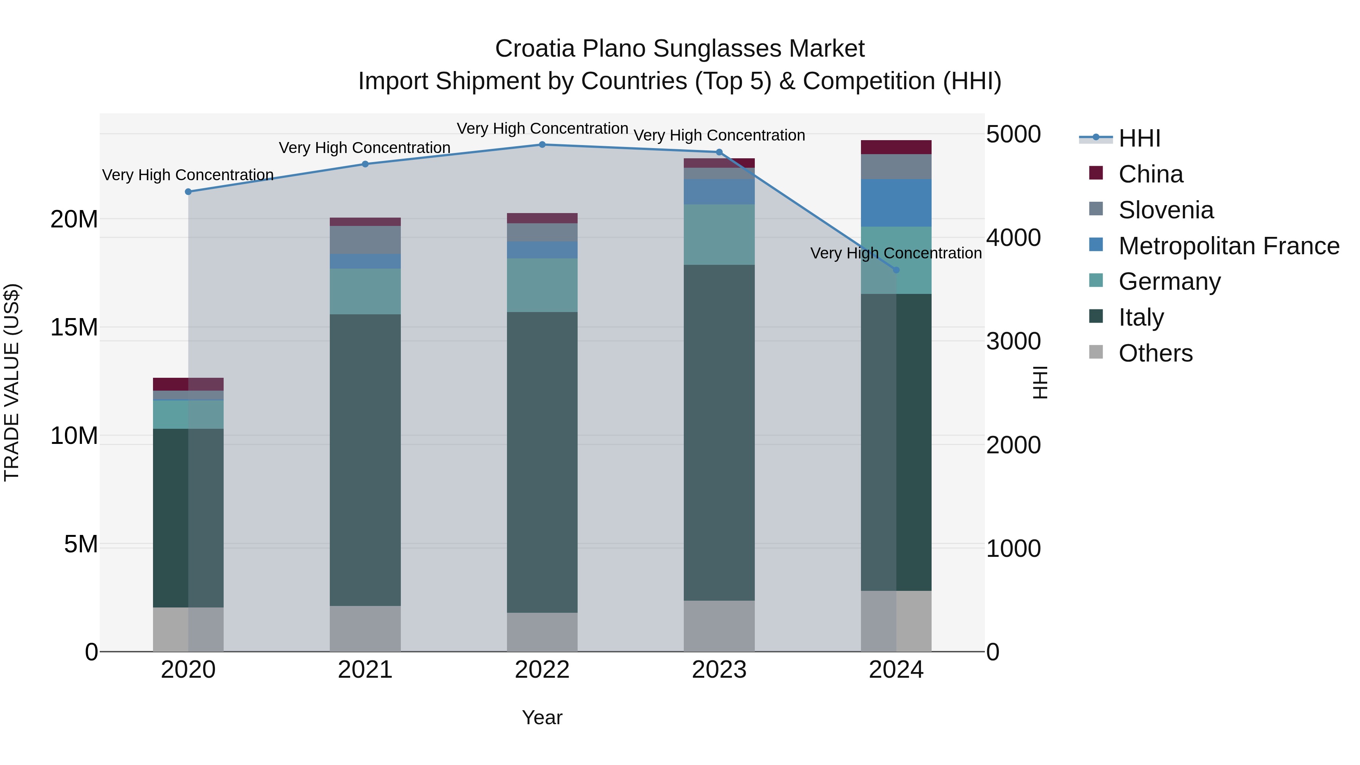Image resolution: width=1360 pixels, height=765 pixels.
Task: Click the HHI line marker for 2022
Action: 542,145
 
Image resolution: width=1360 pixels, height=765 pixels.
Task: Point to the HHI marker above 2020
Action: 189,192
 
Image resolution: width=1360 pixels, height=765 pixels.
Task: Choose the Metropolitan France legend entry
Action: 1228,246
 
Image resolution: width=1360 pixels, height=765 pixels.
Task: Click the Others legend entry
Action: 1155,353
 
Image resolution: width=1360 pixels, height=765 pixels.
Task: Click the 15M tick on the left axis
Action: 74,327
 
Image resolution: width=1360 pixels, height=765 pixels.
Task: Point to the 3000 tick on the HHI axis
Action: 1013,341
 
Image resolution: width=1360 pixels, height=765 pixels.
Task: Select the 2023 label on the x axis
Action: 719,670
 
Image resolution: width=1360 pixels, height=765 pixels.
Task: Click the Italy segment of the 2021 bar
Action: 365,459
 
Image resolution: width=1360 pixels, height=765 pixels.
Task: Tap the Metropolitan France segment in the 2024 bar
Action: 896,203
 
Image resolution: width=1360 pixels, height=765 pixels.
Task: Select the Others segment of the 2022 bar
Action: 542,632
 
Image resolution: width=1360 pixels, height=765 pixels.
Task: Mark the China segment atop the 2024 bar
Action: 896,147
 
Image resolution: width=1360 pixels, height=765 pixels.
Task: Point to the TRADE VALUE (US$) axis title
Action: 12,382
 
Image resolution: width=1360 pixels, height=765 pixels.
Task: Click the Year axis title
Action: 542,717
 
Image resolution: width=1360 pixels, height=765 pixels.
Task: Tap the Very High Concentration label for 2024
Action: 896,253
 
